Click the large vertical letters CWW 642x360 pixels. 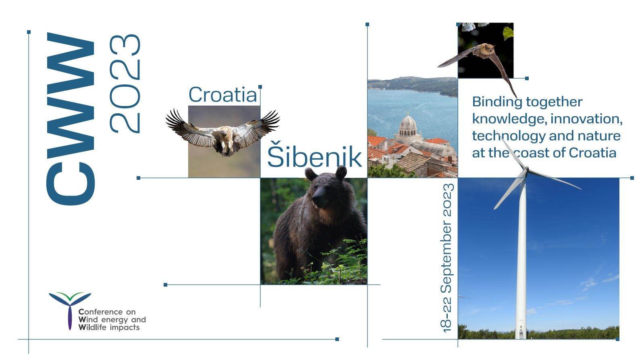click(71, 119)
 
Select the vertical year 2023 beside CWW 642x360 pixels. click(125, 84)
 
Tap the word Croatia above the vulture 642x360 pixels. click(223, 95)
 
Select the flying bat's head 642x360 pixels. click(487, 49)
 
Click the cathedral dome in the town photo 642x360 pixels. click(408, 123)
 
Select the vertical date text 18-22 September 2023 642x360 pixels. click(447, 258)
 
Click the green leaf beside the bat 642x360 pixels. click(508, 33)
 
